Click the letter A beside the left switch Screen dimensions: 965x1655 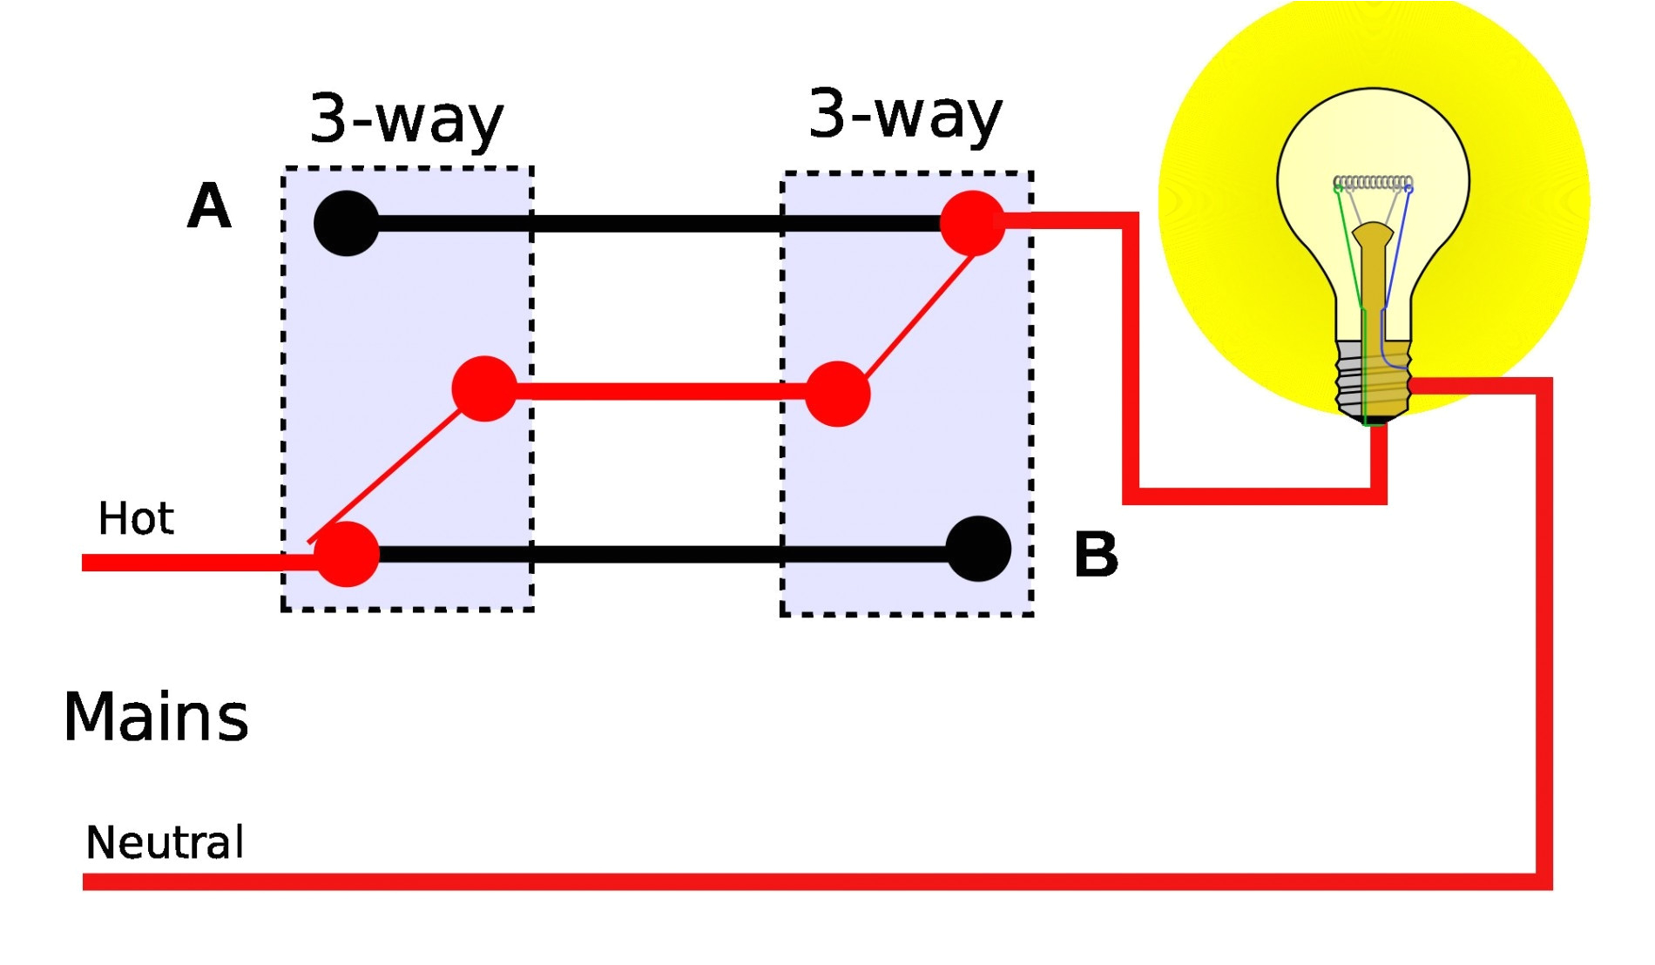(x=209, y=207)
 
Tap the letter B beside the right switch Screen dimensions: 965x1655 (x=1096, y=554)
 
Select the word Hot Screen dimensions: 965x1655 (x=136, y=519)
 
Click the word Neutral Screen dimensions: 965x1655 (x=165, y=842)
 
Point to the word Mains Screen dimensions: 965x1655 (x=156, y=717)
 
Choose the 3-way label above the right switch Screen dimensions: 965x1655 (x=905, y=113)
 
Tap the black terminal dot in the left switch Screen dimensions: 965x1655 (x=347, y=223)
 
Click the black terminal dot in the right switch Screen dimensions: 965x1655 (x=978, y=549)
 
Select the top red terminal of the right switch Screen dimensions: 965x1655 (x=972, y=223)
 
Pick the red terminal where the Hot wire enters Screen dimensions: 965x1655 (x=347, y=554)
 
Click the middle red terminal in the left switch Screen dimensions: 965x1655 (x=484, y=388)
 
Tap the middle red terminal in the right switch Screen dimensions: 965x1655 (x=837, y=394)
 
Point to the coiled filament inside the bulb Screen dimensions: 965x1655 (x=1373, y=183)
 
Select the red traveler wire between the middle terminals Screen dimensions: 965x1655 (x=662, y=391)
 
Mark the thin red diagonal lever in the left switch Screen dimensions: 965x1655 (x=392, y=470)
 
